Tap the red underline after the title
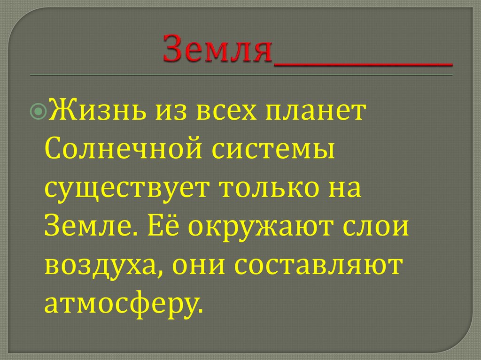[363, 63]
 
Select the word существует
[123, 189]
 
